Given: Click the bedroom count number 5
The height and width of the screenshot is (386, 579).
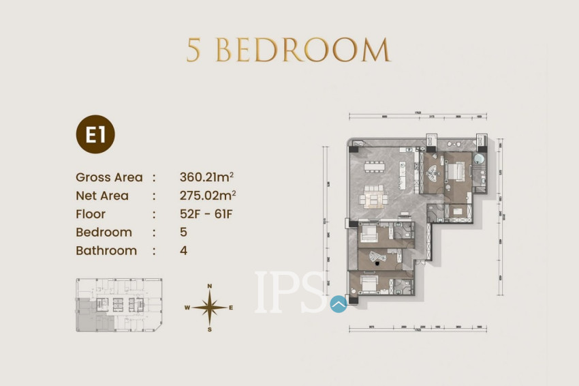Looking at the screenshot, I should pos(183,232).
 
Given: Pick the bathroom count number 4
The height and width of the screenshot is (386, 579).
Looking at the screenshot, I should pos(183,250).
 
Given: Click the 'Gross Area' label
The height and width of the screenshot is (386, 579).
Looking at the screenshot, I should pos(109,177).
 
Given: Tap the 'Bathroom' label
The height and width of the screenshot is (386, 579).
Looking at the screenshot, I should pos(106,250).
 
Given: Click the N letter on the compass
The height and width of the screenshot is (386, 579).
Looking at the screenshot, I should pos(210,286).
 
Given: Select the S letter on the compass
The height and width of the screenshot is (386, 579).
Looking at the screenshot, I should pos(210,329).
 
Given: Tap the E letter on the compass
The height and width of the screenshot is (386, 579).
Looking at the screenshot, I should pos(231,308).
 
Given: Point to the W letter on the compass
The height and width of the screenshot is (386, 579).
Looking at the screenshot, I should pos(187,308).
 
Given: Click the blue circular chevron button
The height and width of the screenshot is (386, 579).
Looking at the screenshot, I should pos(339,304).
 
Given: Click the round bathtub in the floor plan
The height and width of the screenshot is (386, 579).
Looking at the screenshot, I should pos(480,160).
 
